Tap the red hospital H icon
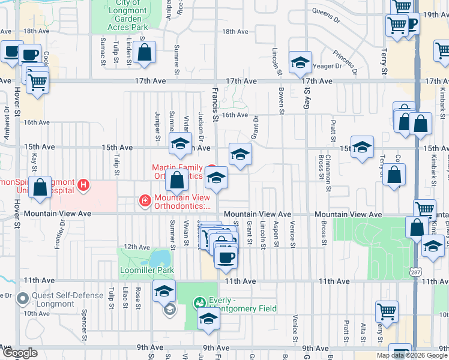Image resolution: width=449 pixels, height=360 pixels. [83, 185]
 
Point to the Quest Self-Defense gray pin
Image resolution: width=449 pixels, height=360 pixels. [23, 298]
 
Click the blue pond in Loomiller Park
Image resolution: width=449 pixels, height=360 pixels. [159, 259]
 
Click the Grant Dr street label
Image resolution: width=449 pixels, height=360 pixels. [255, 126]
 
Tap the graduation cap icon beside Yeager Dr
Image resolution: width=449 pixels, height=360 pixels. [300, 62]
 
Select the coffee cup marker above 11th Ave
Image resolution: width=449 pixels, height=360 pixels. [226, 257]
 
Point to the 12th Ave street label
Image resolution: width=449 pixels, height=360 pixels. [137, 247]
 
